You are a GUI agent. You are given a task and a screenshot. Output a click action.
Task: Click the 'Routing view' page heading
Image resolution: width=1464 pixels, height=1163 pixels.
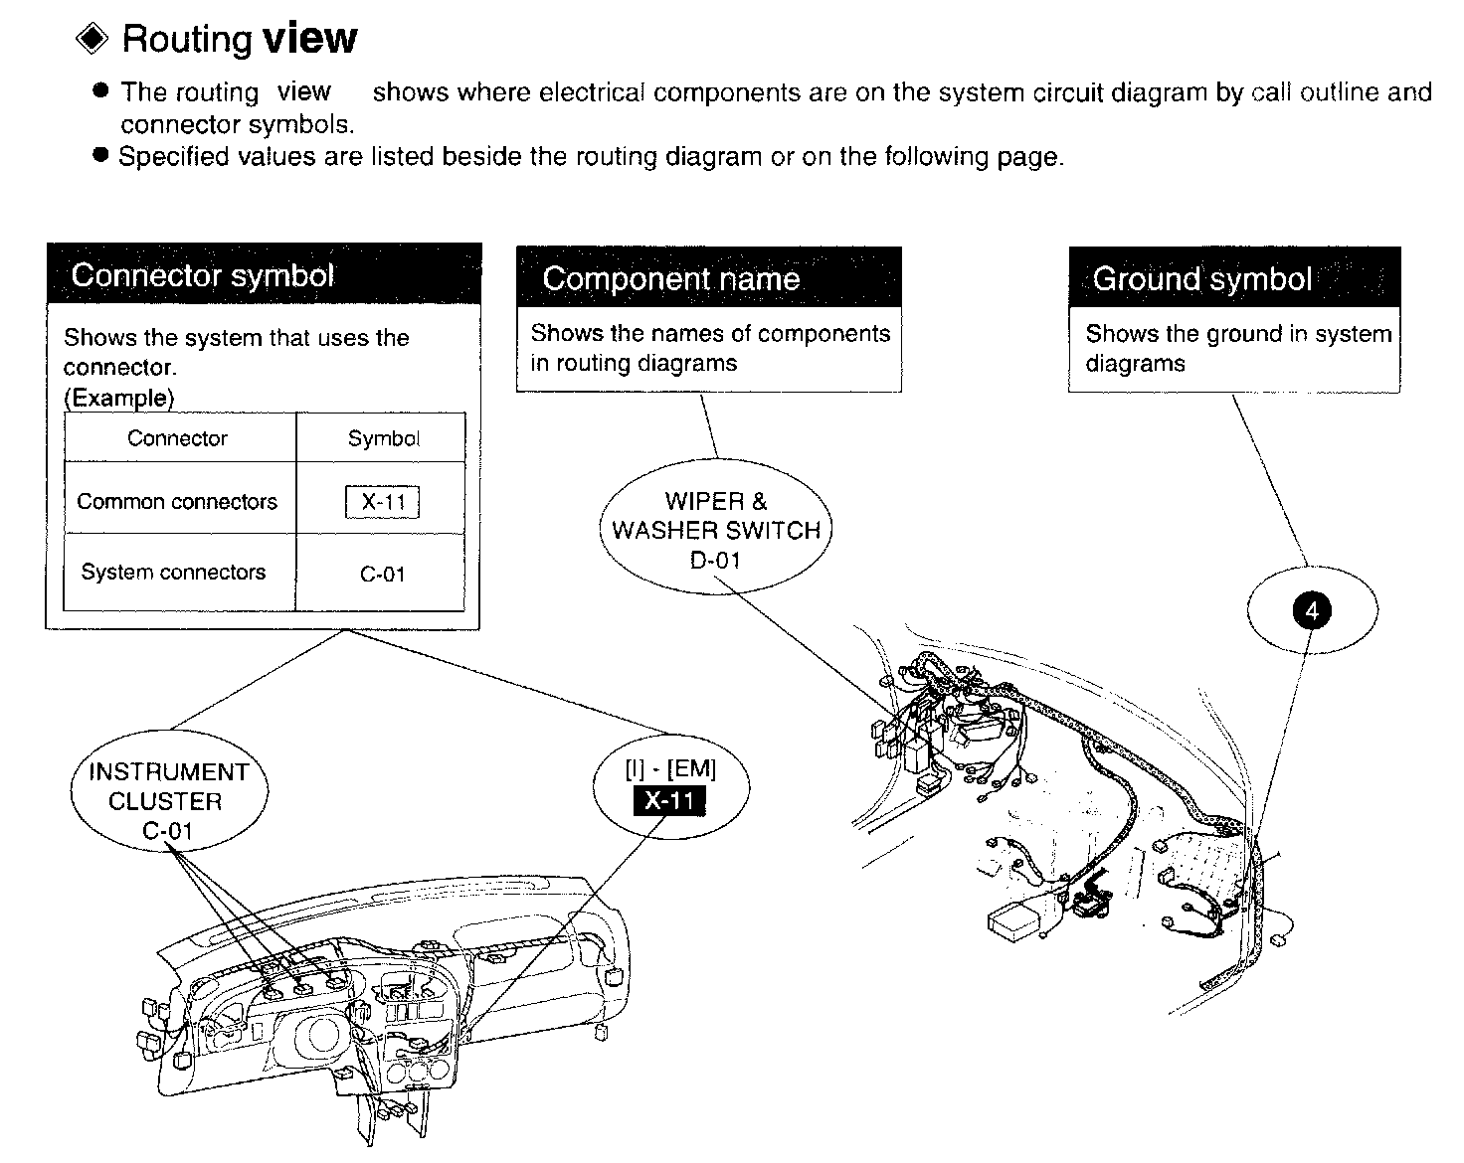239,39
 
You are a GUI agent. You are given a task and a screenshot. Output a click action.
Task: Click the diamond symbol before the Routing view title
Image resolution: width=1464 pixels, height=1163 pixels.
92,39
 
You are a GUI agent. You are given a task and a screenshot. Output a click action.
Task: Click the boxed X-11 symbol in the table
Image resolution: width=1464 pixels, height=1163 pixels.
383,502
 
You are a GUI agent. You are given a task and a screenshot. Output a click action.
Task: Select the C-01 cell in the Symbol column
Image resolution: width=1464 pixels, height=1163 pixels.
383,574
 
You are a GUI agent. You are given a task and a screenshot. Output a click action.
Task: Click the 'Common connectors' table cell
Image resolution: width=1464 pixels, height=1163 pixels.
177,501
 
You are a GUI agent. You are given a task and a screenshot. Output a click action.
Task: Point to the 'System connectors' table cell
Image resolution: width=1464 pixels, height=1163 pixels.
174,572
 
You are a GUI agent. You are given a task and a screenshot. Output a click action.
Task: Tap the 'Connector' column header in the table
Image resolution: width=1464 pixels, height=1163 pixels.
177,438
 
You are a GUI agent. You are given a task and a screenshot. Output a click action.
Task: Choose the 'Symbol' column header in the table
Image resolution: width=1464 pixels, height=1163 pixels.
383,438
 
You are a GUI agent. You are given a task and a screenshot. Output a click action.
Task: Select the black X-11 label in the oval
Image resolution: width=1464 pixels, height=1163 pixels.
669,800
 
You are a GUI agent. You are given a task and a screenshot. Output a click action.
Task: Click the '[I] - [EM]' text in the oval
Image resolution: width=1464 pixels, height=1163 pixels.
670,768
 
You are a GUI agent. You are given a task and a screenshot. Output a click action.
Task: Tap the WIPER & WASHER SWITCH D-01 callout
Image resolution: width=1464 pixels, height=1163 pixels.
716,530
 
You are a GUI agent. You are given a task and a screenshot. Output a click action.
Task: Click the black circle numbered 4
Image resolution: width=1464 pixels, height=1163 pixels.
1311,610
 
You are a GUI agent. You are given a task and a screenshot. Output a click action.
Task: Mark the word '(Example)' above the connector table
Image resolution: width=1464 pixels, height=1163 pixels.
118,398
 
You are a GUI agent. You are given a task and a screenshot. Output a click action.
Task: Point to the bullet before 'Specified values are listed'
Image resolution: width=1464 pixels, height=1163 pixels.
99,155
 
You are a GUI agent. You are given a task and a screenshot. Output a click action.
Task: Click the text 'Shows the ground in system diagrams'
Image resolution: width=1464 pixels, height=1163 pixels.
1237,348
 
